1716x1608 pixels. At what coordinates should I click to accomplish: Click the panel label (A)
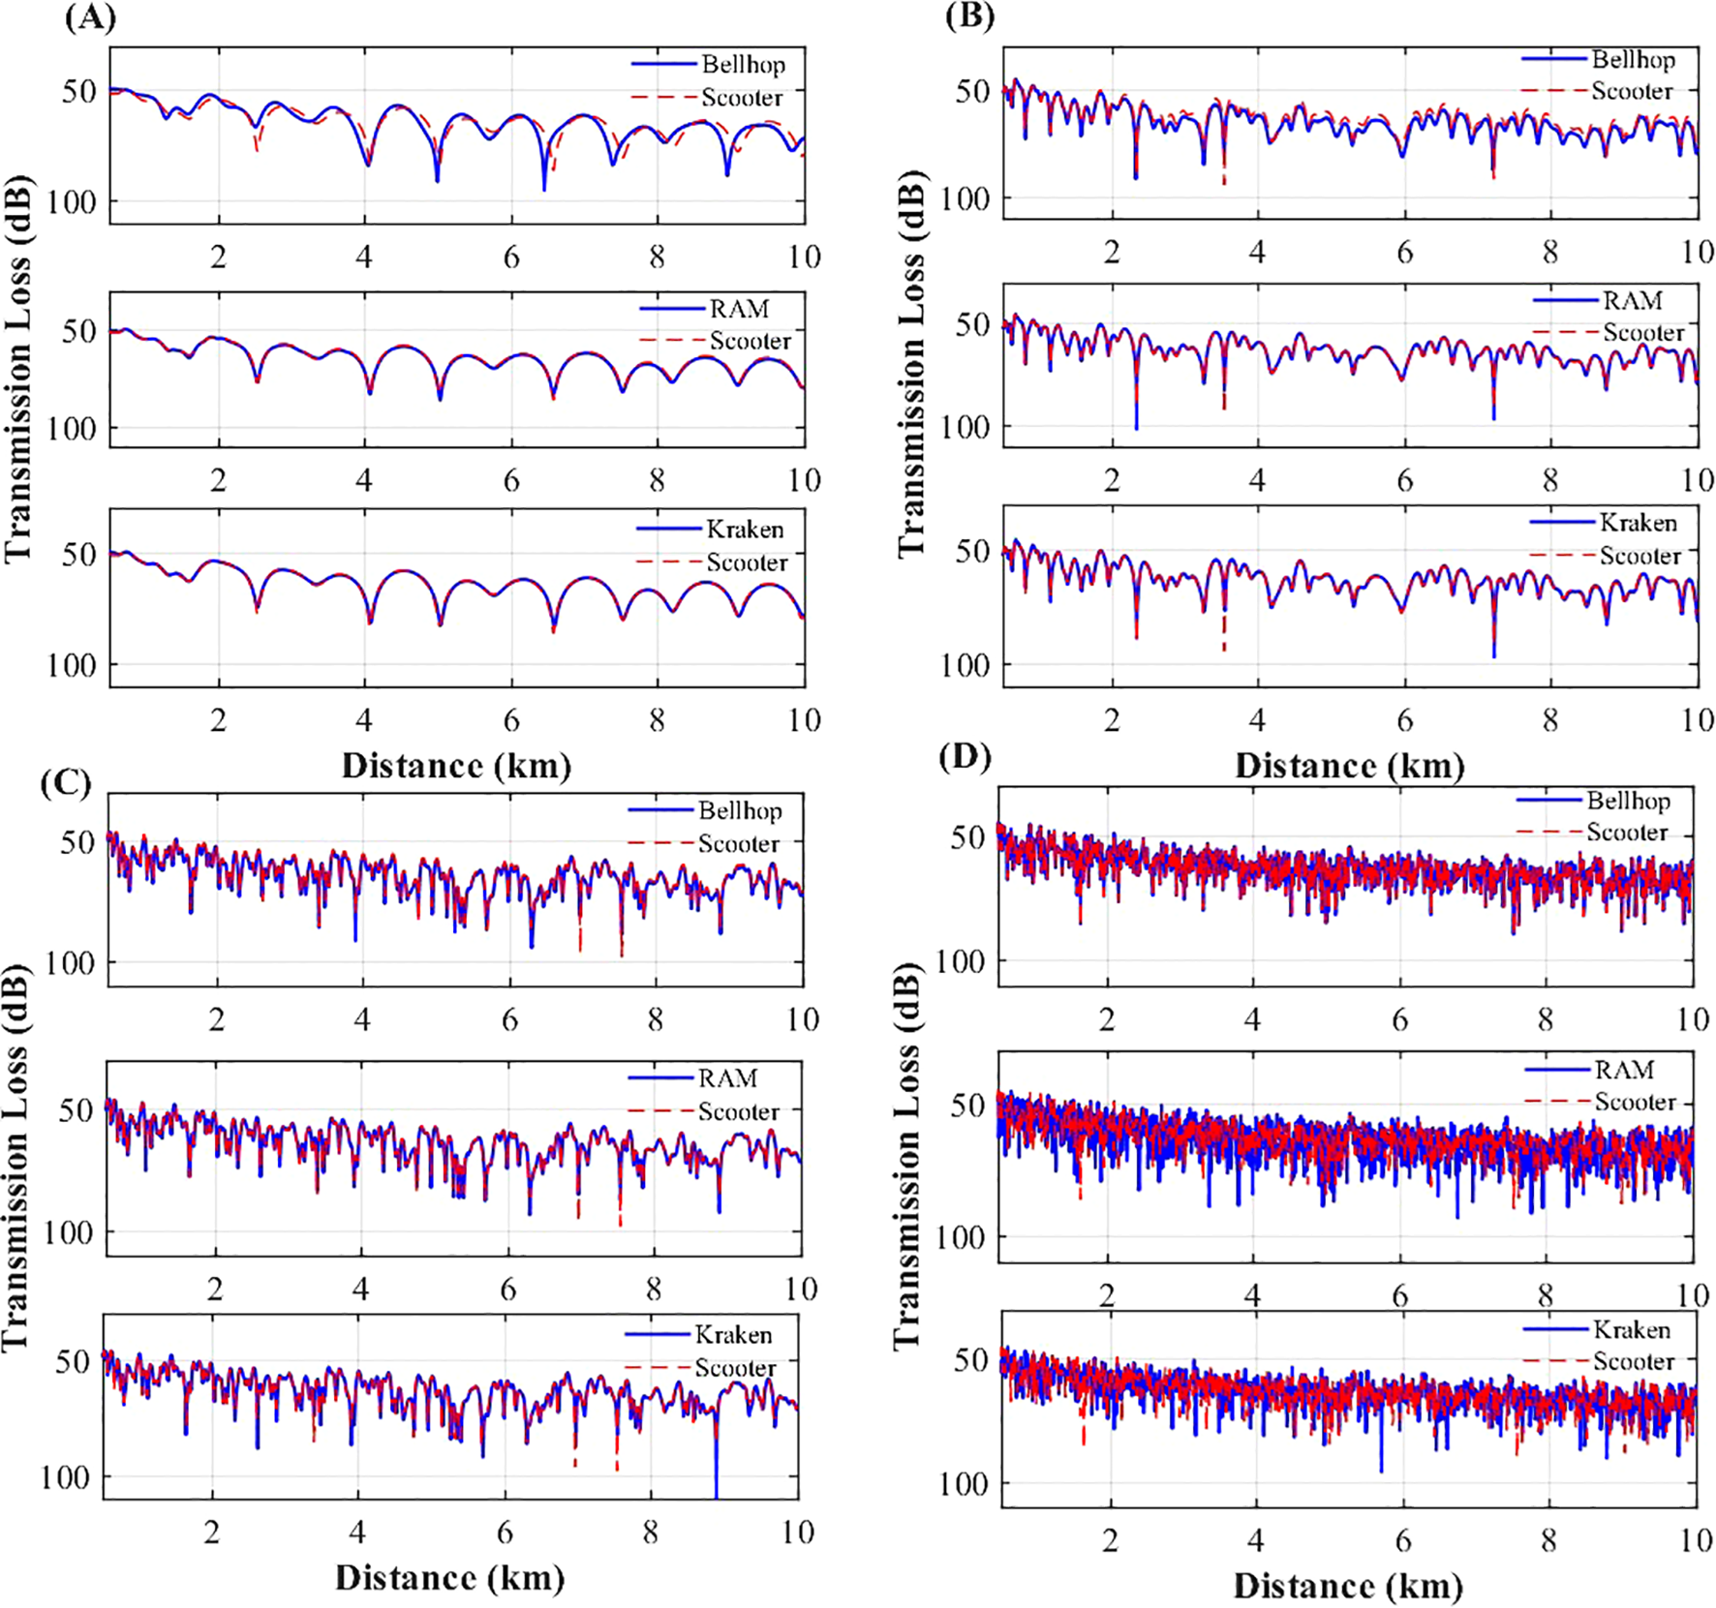pos(90,18)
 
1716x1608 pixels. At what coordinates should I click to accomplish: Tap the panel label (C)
pos(66,781)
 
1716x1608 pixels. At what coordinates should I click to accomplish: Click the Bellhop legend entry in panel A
pos(743,65)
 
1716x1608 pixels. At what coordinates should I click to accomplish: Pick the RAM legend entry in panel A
pos(739,309)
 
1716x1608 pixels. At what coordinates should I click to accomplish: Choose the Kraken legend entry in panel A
pos(744,530)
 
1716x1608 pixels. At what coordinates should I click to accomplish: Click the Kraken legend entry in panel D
pos(1632,1329)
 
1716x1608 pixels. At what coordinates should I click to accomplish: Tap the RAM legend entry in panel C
pos(727,1078)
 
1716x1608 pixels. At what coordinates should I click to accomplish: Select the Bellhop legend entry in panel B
pos(1633,60)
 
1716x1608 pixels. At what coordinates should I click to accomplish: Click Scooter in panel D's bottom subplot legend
pos(1633,1361)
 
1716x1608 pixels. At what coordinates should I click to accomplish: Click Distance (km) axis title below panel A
pos(456,766)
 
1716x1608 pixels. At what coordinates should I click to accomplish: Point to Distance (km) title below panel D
pos(1347,1586)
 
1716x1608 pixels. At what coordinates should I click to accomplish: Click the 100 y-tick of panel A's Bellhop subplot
pos(73,202)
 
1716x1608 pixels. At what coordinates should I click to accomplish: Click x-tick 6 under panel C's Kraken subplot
pos(505,1532)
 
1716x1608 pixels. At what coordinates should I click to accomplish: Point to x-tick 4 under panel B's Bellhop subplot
pos(1257,253)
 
